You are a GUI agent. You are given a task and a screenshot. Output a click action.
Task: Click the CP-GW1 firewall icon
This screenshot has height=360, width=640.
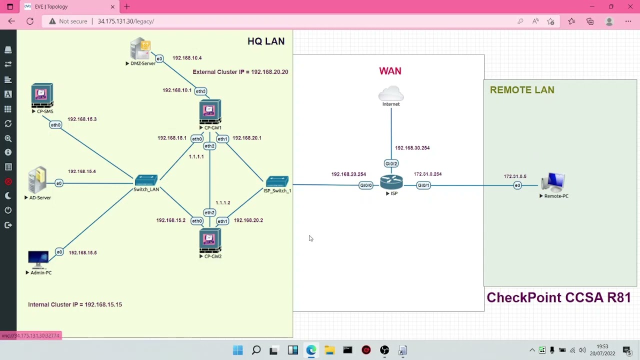[x=210, y=111]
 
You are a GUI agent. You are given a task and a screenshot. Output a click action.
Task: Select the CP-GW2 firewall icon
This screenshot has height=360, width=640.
[x=210, y=241]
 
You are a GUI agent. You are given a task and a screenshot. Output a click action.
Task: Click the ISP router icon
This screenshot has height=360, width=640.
[x=391, y=182]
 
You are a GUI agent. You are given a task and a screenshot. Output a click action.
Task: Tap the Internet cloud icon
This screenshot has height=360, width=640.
[x=391, y=93]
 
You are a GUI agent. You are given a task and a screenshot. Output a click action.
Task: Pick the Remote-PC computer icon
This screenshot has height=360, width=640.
[x=554, y=182]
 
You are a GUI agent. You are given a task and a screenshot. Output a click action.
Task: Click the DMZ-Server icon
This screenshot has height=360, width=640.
[x=140, y=49]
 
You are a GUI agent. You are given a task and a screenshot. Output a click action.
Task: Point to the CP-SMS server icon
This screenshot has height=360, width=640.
[x=42, y=95]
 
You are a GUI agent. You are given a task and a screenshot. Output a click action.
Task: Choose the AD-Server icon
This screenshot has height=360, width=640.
[x=37, y=180]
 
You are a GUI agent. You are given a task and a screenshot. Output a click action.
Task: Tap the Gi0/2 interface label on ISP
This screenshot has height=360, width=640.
[x=391, y=163]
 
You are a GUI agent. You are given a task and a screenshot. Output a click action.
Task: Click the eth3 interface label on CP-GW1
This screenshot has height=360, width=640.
[x=200, y=91]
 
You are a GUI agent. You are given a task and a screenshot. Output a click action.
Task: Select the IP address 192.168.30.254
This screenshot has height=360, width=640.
[x=412, y=148]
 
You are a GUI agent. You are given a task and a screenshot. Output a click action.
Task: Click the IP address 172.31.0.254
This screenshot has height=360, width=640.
[x=427, y=174]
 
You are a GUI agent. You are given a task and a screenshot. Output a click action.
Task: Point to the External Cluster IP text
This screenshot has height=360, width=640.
[x=240, y=72]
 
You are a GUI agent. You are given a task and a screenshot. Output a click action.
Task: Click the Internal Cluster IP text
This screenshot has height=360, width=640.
[x=75, y=304]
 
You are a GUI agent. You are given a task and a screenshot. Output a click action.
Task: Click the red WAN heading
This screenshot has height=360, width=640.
[x=390, y=71]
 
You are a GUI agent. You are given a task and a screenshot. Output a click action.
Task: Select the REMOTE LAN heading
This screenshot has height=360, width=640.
[x=521, y=90]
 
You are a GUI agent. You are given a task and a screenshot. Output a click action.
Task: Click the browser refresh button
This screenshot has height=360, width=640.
[x=30, y=21]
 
